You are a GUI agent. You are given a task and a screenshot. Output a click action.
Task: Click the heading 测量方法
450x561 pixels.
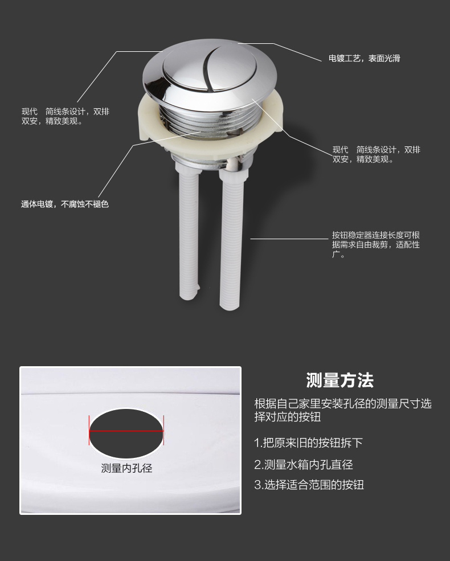[339, 380]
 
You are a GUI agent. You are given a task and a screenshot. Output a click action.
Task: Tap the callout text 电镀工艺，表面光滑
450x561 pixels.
[364, 58]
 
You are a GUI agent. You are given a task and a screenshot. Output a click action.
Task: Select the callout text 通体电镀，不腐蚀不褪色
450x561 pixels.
[64, 204]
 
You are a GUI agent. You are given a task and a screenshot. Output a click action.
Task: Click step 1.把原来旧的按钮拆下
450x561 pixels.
[308, 443]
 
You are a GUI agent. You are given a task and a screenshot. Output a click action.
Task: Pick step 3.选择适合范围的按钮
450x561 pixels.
[309, 485]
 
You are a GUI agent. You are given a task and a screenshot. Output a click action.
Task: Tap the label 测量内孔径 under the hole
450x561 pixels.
[126, 468]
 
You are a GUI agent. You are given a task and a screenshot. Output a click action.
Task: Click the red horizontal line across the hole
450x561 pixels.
[126, 431]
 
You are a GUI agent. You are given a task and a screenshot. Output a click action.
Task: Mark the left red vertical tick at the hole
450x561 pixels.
[89, 430]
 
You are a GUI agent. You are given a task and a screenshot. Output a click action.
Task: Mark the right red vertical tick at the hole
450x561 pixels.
[163, 430]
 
